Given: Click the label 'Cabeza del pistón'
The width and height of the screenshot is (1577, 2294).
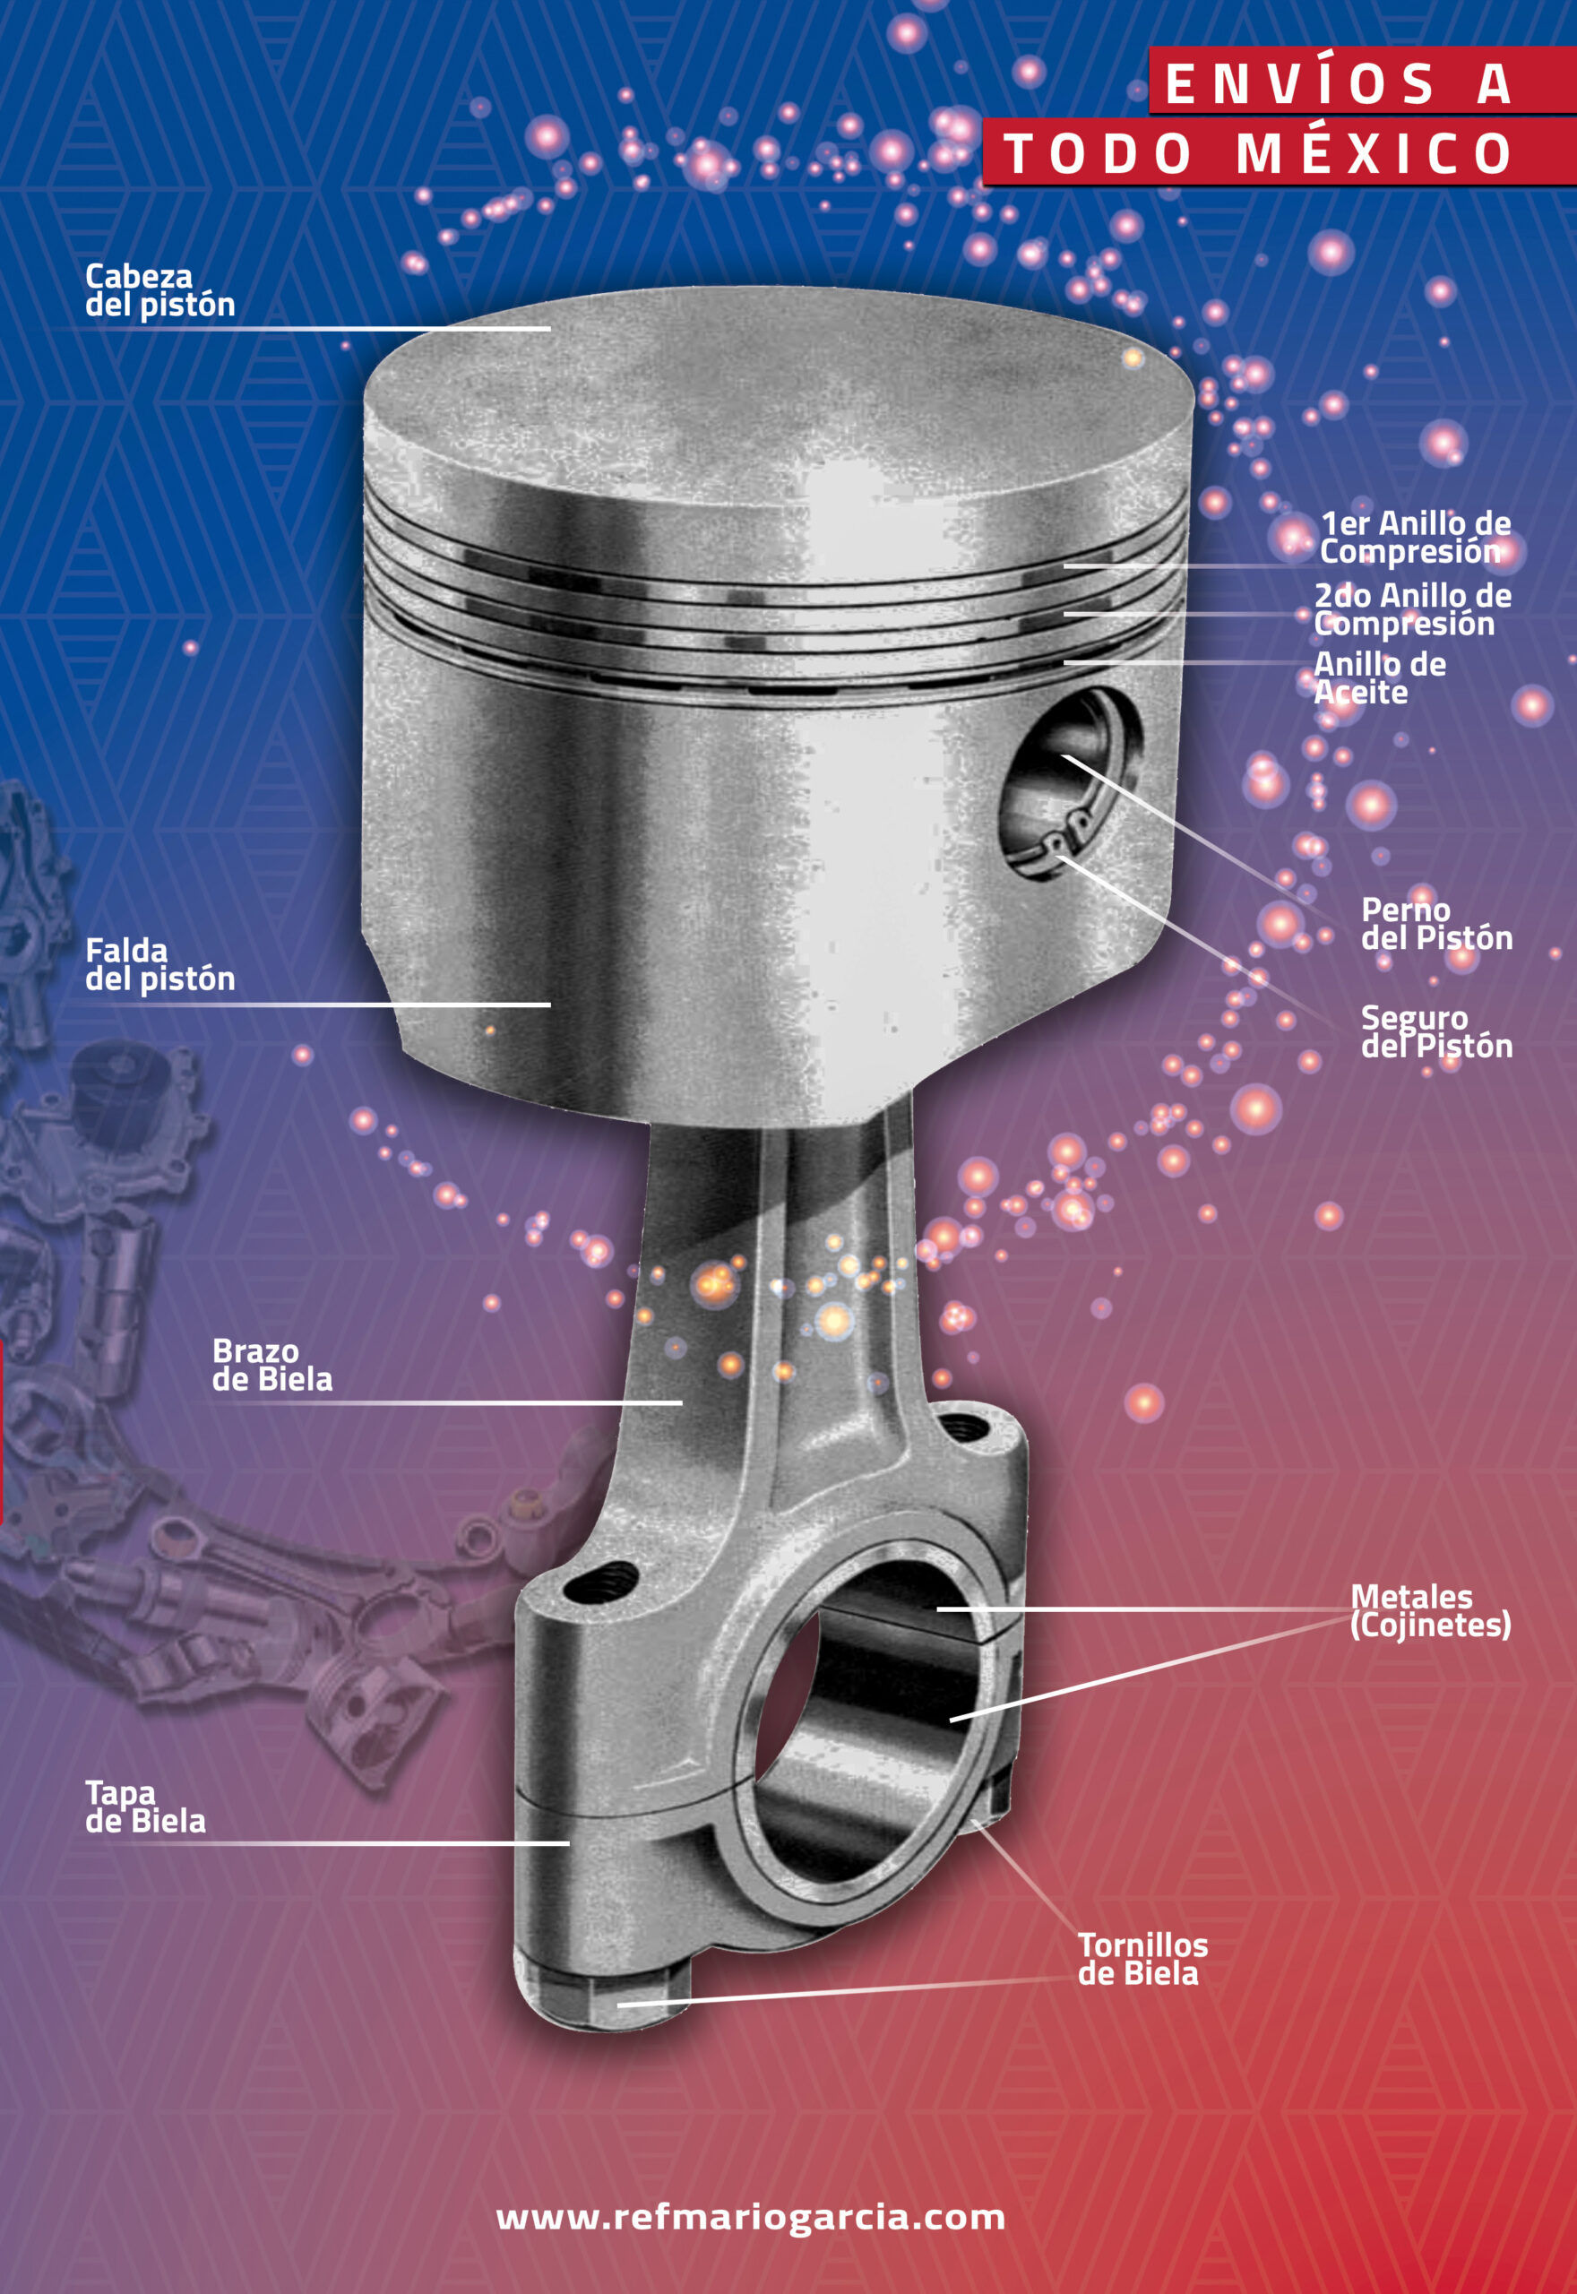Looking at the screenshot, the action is click(160, 290).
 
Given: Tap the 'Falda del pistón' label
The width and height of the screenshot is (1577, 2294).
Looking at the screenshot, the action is click(160, 965).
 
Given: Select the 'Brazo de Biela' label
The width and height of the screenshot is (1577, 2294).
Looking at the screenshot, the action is click(271, 1366).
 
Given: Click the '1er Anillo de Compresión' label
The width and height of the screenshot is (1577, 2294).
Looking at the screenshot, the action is click(1415, 537).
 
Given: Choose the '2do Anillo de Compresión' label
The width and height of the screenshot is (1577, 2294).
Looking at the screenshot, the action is click(1412, 609).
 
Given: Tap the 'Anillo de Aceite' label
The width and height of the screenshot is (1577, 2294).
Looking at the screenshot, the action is click(1379, 677).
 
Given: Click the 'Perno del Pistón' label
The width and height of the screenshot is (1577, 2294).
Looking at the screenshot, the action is click(1436, 924).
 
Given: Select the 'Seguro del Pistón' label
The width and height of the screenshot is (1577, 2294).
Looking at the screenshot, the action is click(1436, 1031).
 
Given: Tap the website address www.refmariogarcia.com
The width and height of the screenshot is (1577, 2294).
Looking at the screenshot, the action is click(751, 2217).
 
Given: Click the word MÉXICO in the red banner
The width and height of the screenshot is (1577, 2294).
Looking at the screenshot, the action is click(1374, 153).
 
